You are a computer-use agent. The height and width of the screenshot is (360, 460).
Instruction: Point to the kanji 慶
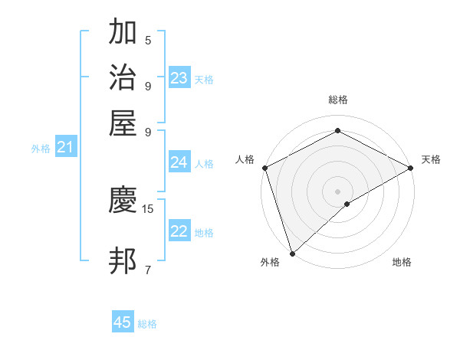[x=123, y=201]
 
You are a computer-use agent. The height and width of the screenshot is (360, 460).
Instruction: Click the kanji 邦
[x=123, y=260]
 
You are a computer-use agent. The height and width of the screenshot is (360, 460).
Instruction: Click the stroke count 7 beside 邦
[x=148, y=269]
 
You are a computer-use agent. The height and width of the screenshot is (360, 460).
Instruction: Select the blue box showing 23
[x=179, y=78]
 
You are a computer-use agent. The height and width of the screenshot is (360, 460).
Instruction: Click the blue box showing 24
[x=179, y=162]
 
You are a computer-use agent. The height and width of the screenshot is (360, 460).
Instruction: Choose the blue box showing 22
[x=179, y=232]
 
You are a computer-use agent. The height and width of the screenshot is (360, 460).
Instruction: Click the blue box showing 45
[x=123, y=322]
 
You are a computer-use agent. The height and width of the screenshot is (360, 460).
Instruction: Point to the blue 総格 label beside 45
[x=147, y=324]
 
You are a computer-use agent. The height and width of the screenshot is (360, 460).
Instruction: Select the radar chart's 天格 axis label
[x=431, y=159]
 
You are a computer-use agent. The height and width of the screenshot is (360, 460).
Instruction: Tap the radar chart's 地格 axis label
[x=402, y=263]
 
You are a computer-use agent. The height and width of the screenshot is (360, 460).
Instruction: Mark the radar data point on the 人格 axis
[x=264, y=168]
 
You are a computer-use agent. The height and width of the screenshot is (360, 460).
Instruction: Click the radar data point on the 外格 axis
[x=292, y=253]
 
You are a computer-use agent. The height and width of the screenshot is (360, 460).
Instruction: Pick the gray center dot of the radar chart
[x=337, y=191]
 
